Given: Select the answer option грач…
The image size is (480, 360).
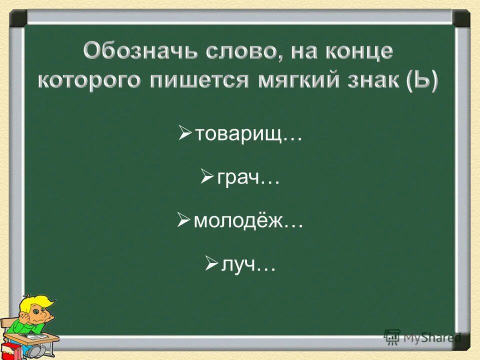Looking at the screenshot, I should [x=247, y=177].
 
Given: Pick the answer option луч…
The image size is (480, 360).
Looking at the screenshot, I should [x=248, y=264].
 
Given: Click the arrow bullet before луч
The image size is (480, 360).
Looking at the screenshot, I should [x=211, y=263].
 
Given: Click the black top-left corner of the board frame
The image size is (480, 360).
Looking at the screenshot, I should [x=18, y=18].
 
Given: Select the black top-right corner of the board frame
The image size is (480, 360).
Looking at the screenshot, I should [x=461, y=18].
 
